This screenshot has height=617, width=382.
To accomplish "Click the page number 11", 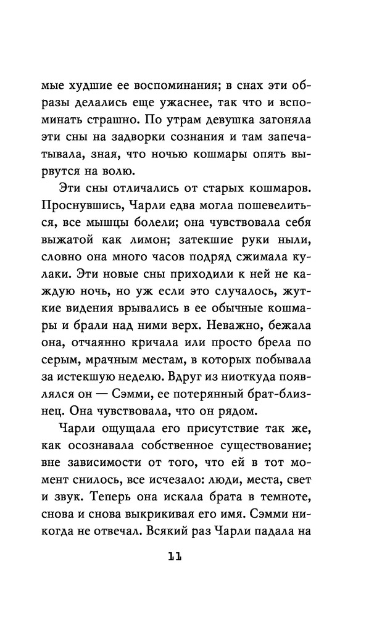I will [x=174, y=558].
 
